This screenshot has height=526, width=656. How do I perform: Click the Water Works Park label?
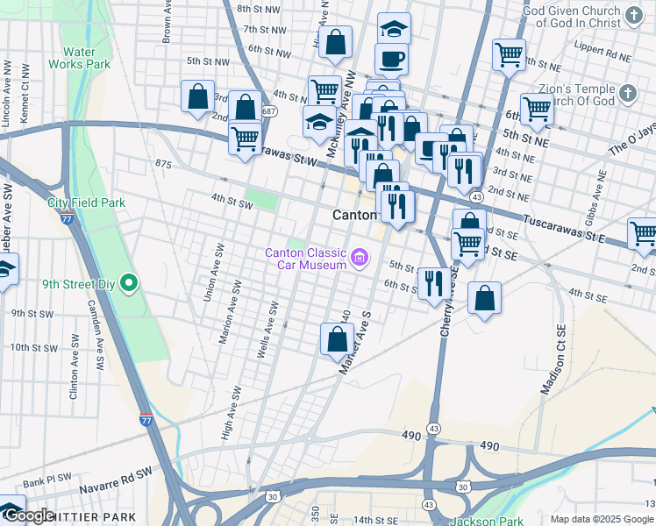[79, 58]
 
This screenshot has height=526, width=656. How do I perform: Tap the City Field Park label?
[86, 203]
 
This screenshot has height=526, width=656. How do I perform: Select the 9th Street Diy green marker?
[129, 283]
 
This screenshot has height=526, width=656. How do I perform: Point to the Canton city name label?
[354, 215]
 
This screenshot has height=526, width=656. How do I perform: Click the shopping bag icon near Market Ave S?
[338, 338]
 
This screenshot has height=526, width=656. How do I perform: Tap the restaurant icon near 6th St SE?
[434, 283]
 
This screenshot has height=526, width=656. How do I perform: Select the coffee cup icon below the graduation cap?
[392, 59]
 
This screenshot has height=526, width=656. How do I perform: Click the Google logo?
[28, 515]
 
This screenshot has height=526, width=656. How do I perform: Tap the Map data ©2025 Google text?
[602, 519]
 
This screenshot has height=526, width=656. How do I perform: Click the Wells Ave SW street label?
[267, 331]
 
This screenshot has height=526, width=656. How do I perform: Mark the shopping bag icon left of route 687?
[197, 96]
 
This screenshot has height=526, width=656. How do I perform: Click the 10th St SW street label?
[34, 348]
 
